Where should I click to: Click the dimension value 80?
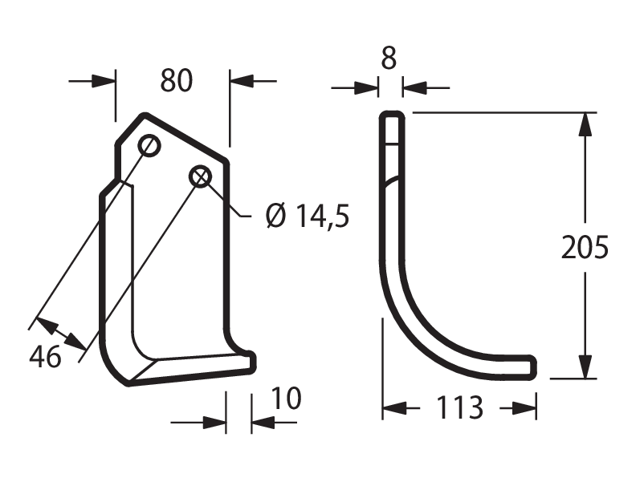click(176, 80)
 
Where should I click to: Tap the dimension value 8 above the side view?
click(389, 59)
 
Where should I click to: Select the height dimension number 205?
click(585, 247)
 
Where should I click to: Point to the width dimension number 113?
click(459, 407)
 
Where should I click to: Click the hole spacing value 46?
click(45, 356)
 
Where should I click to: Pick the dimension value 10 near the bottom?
click(287, 398)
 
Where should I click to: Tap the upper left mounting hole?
click(149, 145)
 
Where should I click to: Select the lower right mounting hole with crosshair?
click(200, 176)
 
